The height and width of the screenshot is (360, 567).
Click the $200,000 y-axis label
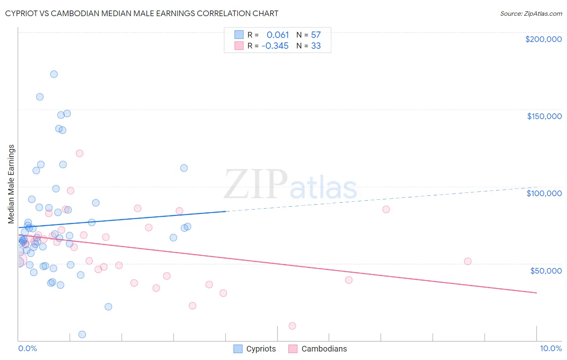click(543, 39)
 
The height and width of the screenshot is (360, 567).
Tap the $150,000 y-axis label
click(544, 116)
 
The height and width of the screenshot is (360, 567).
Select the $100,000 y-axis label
click(544, 193)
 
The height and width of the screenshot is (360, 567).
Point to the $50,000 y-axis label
click(546, 270)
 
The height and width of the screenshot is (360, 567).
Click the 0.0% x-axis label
click(27, 348)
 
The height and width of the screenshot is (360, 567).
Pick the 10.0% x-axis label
click(550, 348)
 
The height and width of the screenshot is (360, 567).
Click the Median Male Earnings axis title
click(11, 184)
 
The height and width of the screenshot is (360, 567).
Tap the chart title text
click(142, 13)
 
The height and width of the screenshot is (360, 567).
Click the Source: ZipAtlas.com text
click(531, 14)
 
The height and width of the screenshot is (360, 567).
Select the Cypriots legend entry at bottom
click(255, 349)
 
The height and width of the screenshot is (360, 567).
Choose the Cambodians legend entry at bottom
click(318, 349)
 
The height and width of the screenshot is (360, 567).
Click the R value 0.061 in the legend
click(277, 35)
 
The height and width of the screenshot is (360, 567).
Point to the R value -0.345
click(275, 46)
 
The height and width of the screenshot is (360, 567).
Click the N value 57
click(316, 35)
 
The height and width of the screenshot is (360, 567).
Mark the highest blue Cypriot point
click(54, 74)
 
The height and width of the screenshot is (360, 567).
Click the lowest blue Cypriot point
click(82, 334)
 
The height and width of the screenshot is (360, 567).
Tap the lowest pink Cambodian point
click(292, 326)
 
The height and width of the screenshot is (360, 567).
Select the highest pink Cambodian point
click(79, 153)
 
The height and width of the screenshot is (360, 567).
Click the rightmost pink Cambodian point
click(467, 261)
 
